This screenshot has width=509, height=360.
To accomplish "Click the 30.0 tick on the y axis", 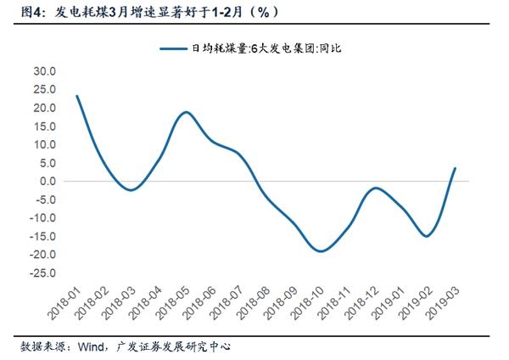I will pos(43,71).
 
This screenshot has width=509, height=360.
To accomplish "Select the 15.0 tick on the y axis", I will pos(43,126).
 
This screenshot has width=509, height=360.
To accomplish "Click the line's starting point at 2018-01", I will pos(76,96).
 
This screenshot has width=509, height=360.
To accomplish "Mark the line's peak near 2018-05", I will pos(185,112).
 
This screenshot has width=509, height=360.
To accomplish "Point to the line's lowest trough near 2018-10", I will pos(320,251).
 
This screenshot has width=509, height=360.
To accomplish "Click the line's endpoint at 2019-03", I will pos(455,168).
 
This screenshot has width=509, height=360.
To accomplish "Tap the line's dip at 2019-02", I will pos(426,236).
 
